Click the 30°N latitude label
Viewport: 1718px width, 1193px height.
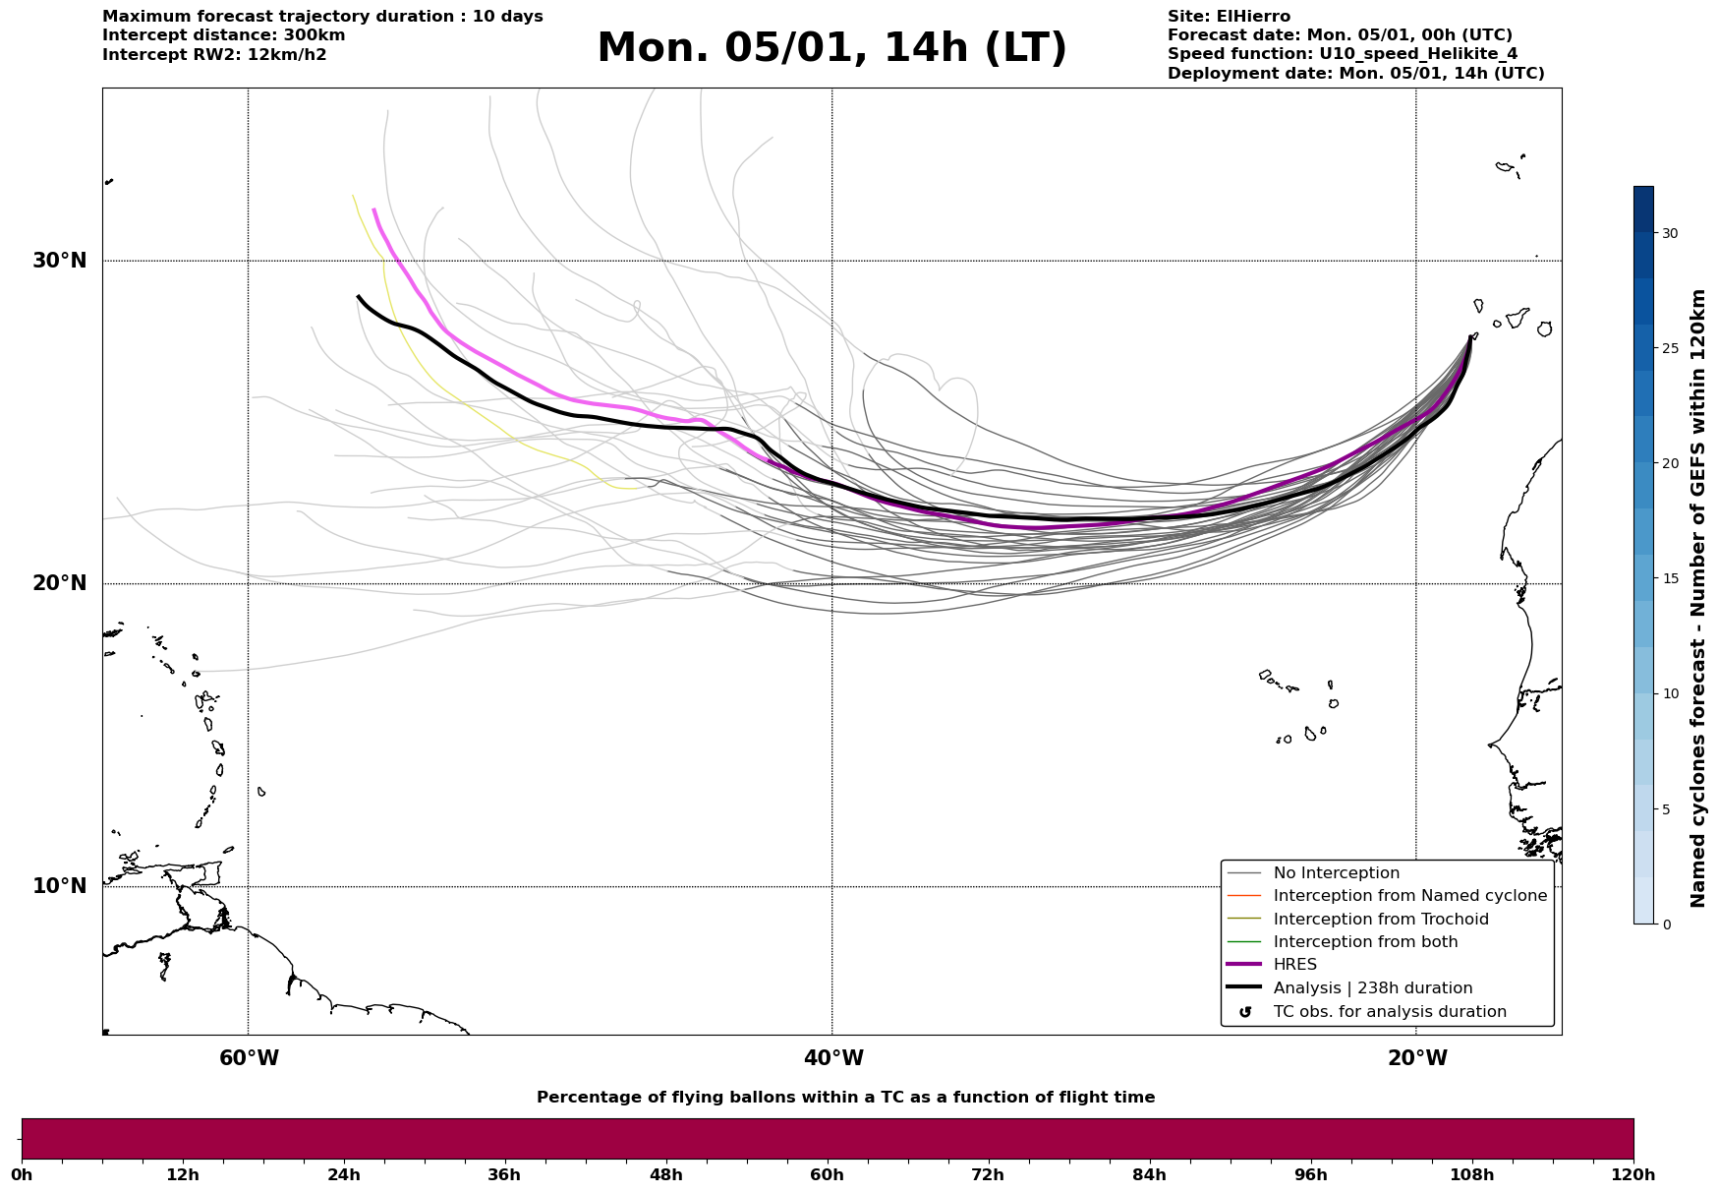click(x=59, y=261)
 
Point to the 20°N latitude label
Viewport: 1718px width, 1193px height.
click(x=59, y=583)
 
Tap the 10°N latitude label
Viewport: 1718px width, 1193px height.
click(x=59, y=886)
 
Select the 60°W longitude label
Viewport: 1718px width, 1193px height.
click(x=249, y=1058)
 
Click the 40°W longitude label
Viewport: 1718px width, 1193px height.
click(x=833, y=1058)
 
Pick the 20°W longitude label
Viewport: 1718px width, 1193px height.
click(x=1417, y=1058)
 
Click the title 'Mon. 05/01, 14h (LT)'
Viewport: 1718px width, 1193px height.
click(x=831, y=48)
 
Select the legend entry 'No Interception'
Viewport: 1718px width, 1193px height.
click(x=1336, y=873)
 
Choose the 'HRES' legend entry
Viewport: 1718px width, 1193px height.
click(x=1294, y=965)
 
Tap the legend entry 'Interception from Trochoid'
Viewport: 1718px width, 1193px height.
click(x=1380, y=920)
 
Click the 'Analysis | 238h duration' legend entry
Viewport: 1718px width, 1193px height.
click(x=1372, y=988)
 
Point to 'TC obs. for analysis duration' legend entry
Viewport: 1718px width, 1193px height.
click(x=1389, y=1012)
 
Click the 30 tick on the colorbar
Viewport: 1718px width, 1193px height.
click(x=1669, y=233)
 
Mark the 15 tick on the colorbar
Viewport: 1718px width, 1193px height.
click(x=1669, y=578)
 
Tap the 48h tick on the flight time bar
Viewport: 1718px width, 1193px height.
click(x=665, y=1175)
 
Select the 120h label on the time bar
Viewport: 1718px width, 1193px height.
click(x=1633, y=1175)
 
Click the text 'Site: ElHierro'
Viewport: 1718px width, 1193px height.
click(x=1229, y=17)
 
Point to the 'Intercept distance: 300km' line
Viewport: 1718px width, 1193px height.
click(x=223, y=35)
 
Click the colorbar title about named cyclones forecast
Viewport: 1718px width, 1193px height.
click(x=1697, y=598)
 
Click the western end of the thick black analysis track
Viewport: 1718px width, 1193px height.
click(x=359, y=296)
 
